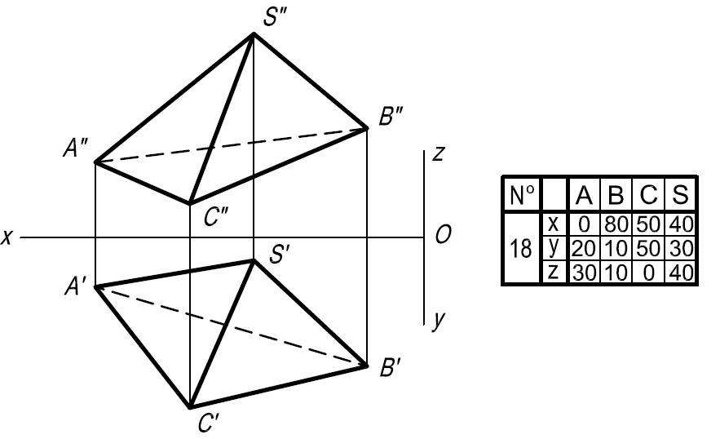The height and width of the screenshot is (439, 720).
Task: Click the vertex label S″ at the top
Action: [x=276, y=17]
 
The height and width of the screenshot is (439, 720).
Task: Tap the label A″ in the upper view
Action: [x=76, y=149]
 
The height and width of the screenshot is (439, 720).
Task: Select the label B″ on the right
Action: [x=391, y=117]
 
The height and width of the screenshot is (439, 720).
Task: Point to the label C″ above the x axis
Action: [x=216, y=217]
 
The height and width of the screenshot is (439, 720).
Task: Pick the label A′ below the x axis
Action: [x=75, y=287]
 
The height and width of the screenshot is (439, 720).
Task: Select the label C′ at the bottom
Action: [x=209, y=423]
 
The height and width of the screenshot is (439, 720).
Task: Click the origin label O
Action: [x=443, y=235]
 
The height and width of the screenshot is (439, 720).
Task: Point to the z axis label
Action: [x=439, y=154]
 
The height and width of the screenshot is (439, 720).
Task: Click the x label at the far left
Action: [x=7, y=237]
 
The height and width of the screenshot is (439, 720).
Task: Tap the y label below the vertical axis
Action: [x=439, y=319]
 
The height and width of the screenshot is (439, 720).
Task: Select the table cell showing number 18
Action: [x=521, y=249]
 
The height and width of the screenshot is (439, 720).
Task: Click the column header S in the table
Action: [x=680, y=194]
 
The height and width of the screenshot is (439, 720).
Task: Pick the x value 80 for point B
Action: [x=616, y=225]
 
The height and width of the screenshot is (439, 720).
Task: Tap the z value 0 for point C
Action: [x=648, y=273]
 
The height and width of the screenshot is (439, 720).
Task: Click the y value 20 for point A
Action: [x=584, y=249]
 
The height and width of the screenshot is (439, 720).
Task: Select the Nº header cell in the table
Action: [x=522, y=195]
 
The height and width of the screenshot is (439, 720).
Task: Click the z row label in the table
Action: [x=554, y=272]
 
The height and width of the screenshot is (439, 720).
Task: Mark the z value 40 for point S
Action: [x=681, y=273]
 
